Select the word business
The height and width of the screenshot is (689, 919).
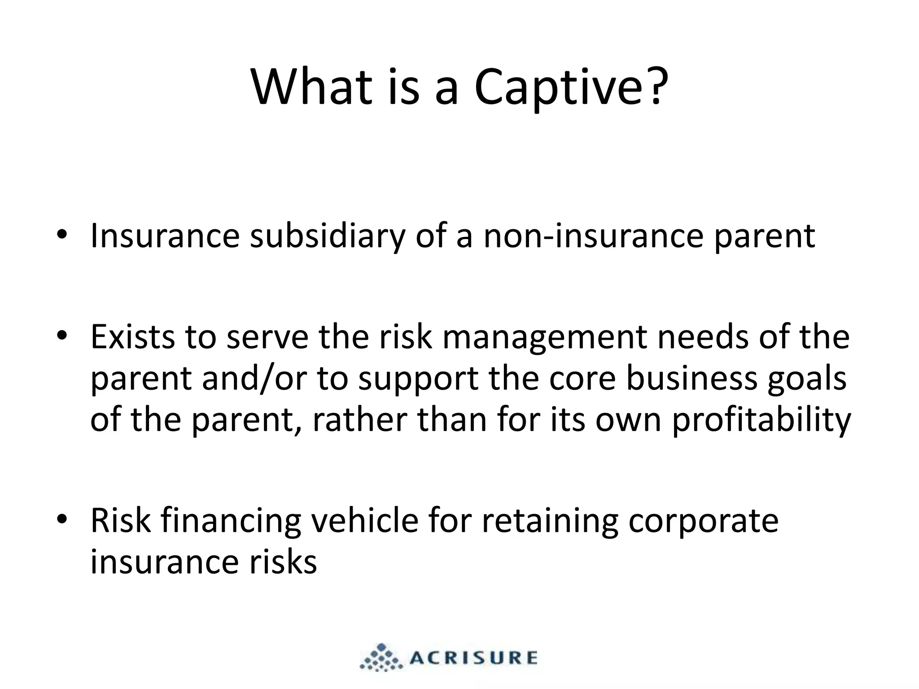click(691, 378)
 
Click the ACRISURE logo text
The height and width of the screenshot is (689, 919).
click(473, 658)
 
